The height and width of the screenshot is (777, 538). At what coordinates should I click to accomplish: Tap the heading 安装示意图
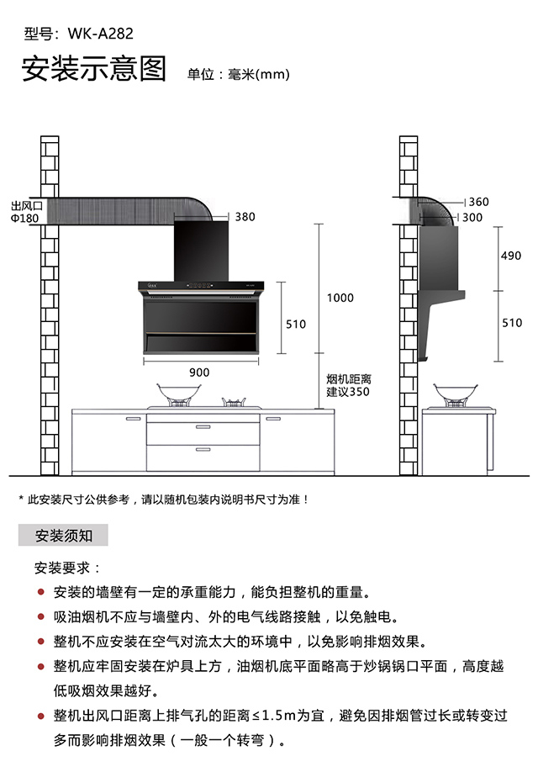tap(94, 70)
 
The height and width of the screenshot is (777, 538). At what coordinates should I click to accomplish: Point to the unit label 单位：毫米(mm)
tap(239, 74)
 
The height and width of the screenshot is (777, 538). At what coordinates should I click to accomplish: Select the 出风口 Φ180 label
tap(25, 211)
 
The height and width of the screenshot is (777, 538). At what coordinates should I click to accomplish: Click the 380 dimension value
tap(245, 216)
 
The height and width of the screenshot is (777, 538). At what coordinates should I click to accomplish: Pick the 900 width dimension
tap(199, 372)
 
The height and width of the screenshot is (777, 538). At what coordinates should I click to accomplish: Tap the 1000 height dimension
tap(340, 298)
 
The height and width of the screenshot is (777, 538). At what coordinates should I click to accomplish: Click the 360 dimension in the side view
tap(478, 202)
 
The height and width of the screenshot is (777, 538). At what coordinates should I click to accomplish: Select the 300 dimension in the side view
tap(473, 217)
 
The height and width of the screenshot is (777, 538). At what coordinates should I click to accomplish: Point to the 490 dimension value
tap(511, 256)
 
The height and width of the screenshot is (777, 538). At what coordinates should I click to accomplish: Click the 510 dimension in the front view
tap(296, 324)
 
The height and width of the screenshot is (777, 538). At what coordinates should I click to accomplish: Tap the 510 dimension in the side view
tap(511, 323)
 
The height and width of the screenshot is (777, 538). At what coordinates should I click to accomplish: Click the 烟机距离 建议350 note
tap(348, 385)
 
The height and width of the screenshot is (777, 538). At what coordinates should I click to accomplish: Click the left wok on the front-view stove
tap(179, 393)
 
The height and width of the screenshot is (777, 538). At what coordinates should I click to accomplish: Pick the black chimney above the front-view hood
tap(202, 250)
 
